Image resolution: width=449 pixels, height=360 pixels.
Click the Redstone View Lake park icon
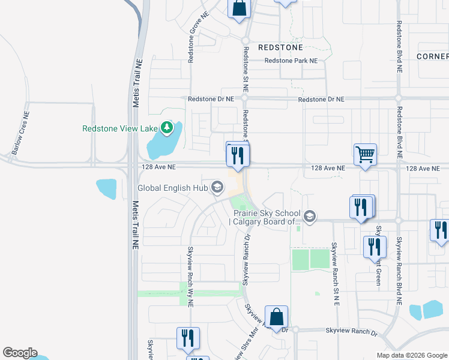[x=166, y=128]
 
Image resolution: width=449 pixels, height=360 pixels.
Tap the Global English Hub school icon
[x=217, y=188]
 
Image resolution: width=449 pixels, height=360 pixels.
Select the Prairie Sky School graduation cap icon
[x=309, y=216]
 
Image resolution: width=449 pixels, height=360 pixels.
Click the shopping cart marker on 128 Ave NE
[x=365, y=155]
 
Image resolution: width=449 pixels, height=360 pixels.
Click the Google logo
[x=20, y=353]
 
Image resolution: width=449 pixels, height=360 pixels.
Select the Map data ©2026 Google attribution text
[x=412, y=355]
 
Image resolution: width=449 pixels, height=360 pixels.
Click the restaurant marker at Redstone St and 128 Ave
[x=237, y=155]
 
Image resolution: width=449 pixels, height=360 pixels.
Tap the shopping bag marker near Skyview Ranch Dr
[x=276, y=317]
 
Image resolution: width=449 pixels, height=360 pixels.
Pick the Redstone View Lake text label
[x=119, y=128]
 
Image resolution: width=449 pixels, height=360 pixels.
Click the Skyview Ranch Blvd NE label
[x=399, y=264]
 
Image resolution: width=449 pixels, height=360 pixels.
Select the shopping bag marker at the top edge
[x=239, y=8]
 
